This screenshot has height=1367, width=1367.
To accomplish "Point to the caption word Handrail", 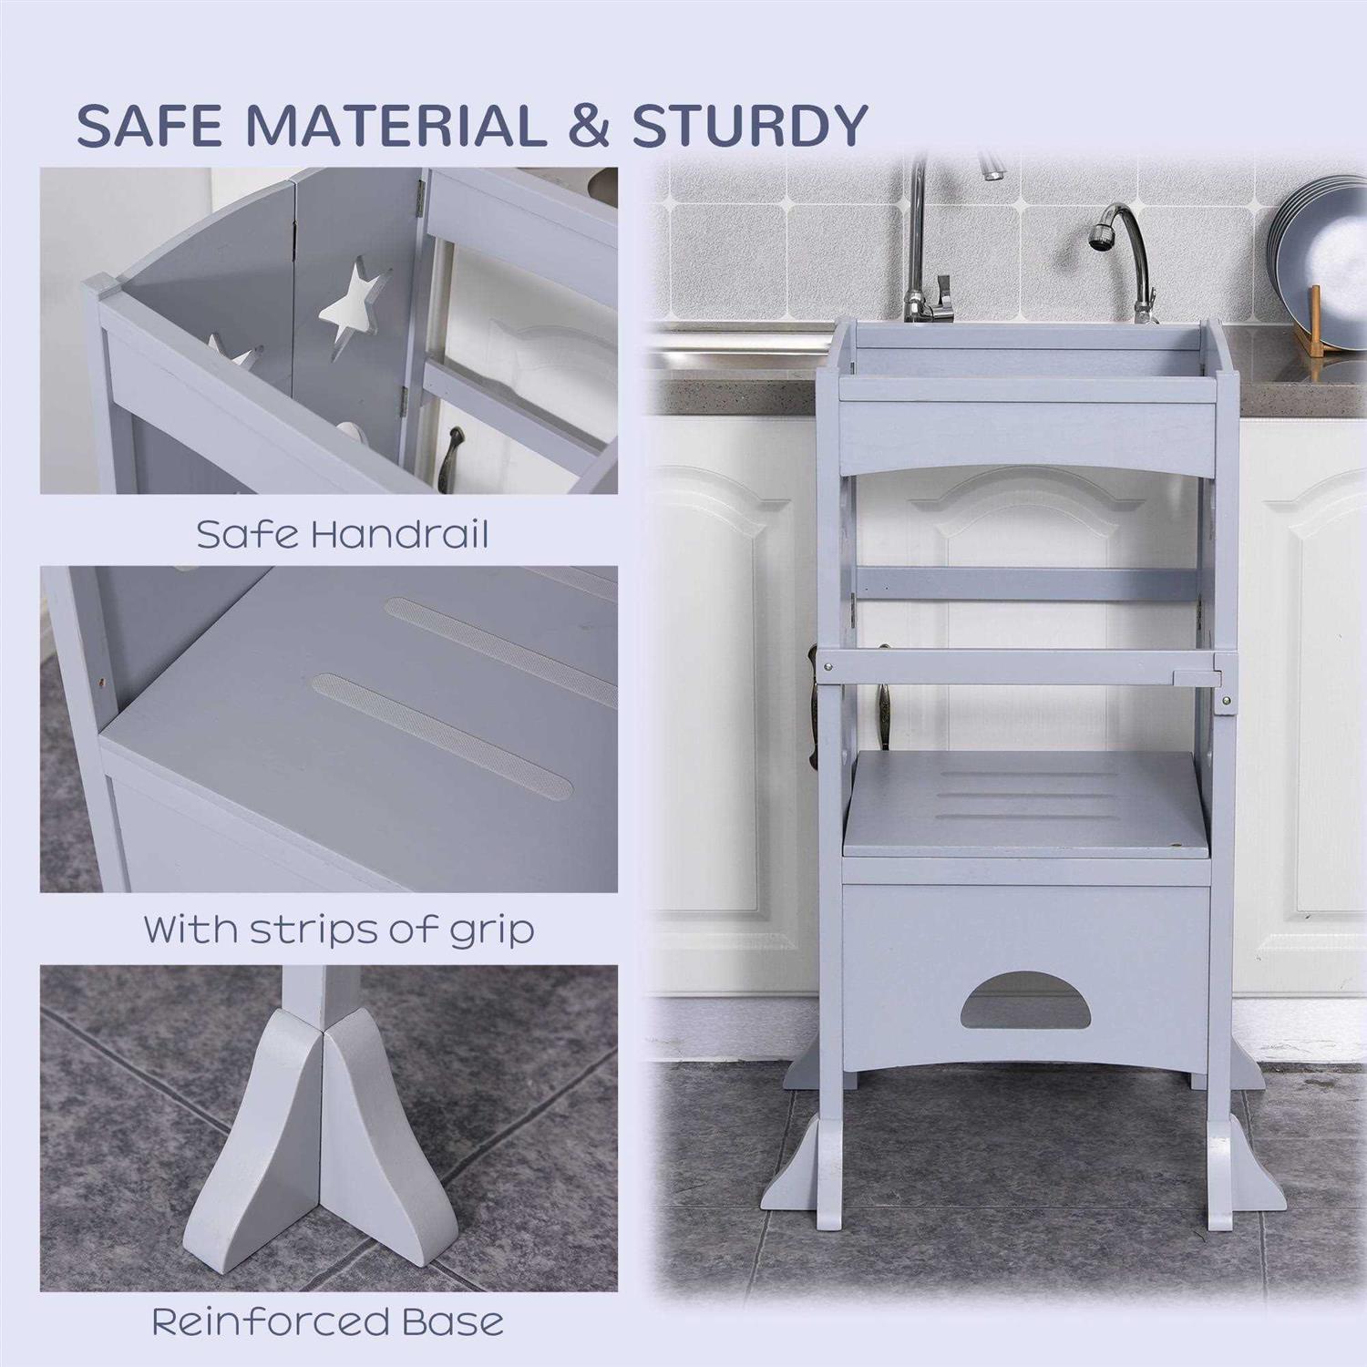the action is [399, 534].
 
